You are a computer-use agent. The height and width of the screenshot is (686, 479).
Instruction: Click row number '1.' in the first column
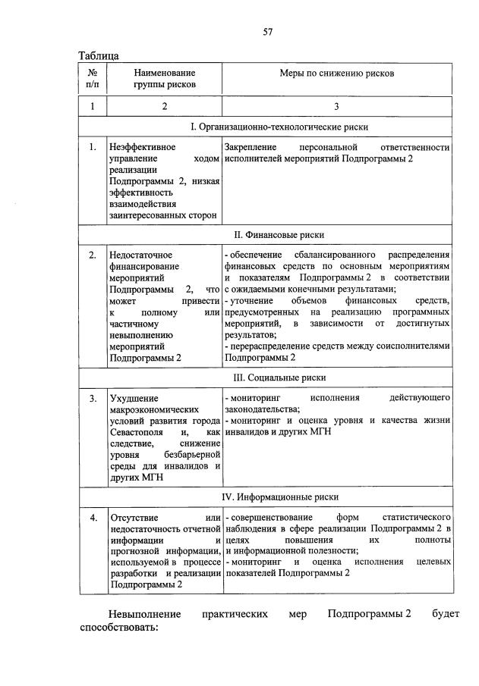92,147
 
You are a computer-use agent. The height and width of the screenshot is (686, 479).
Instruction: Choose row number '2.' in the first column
92,255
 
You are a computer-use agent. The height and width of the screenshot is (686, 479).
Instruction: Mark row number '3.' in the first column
92,397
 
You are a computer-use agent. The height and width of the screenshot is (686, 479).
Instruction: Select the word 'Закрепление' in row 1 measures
251,147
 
